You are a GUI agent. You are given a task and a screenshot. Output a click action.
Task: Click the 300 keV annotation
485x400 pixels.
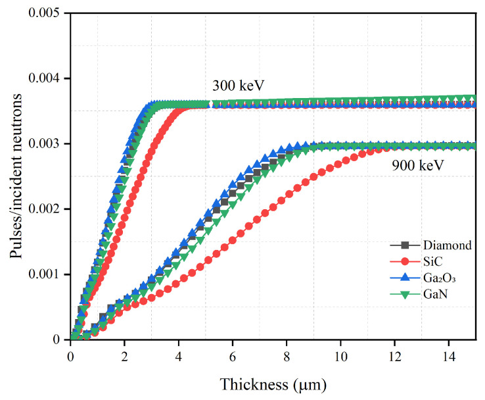tap(239, 86)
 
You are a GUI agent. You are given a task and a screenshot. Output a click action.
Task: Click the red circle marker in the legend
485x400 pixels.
tap(407, 262)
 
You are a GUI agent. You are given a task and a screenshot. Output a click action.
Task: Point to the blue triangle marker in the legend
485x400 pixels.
tap(407, 278)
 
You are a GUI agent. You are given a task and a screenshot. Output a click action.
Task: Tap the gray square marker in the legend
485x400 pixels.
tap(407, 245)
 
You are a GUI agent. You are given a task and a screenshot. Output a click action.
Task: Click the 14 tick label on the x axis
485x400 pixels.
tap(449, 355)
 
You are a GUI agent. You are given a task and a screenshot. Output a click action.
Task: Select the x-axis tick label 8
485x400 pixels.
tap(287, 355)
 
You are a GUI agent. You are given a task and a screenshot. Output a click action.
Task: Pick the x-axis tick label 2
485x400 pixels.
tap(124, 355)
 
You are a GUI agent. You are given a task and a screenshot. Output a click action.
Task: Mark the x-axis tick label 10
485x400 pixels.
tap(340, 355)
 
